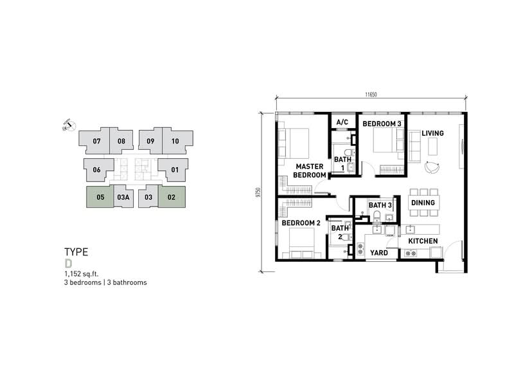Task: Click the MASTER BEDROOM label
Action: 310,170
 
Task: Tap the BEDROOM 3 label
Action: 382,124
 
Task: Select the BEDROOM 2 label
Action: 301,223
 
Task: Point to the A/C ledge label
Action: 342,122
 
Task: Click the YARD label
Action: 379,253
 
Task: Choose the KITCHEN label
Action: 423,241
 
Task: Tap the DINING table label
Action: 423,203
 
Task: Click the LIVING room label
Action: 432,133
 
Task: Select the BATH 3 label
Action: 380,205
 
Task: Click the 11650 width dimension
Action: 371,95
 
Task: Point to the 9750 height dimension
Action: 258,192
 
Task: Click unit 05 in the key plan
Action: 100,197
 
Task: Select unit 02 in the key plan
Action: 172,197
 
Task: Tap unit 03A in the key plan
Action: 123,197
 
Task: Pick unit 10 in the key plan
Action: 175,141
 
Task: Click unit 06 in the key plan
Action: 97,170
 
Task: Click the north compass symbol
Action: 69,125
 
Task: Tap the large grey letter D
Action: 68,264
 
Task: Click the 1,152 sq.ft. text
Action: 82,274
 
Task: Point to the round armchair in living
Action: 432,167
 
